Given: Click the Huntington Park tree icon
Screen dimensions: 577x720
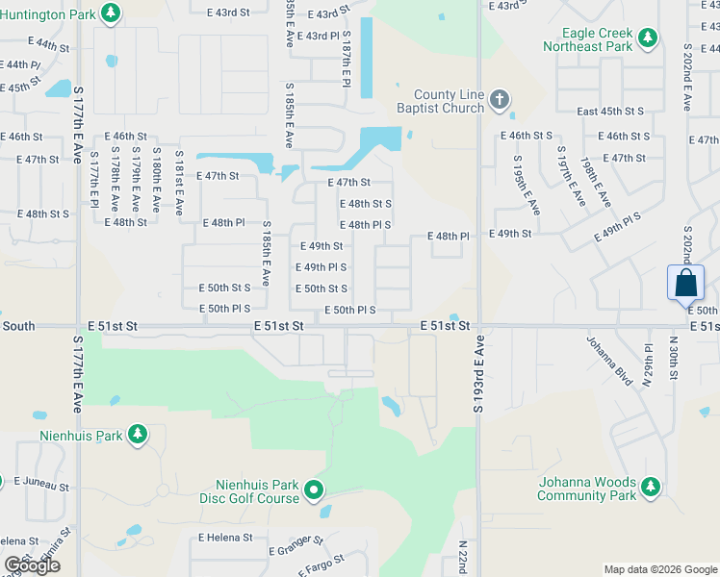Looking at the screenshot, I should (112, 13).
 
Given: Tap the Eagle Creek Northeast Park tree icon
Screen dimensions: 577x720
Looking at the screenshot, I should (649, 38).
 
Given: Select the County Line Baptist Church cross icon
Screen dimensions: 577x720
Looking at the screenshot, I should (499, 99).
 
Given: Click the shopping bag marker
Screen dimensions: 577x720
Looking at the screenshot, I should (685, 283).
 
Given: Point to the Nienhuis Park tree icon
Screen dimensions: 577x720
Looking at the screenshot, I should (138, 435).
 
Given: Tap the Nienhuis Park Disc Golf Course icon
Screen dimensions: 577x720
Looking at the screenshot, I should (314, 491).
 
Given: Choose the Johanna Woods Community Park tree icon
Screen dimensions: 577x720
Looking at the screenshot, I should (650, 488).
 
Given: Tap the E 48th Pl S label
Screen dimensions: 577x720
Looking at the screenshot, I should (366, 224).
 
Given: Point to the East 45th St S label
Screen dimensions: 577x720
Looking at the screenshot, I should (610, 112).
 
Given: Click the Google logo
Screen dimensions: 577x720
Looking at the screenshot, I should (33, 565).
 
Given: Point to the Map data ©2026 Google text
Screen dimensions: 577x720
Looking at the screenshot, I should (659, 569).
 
